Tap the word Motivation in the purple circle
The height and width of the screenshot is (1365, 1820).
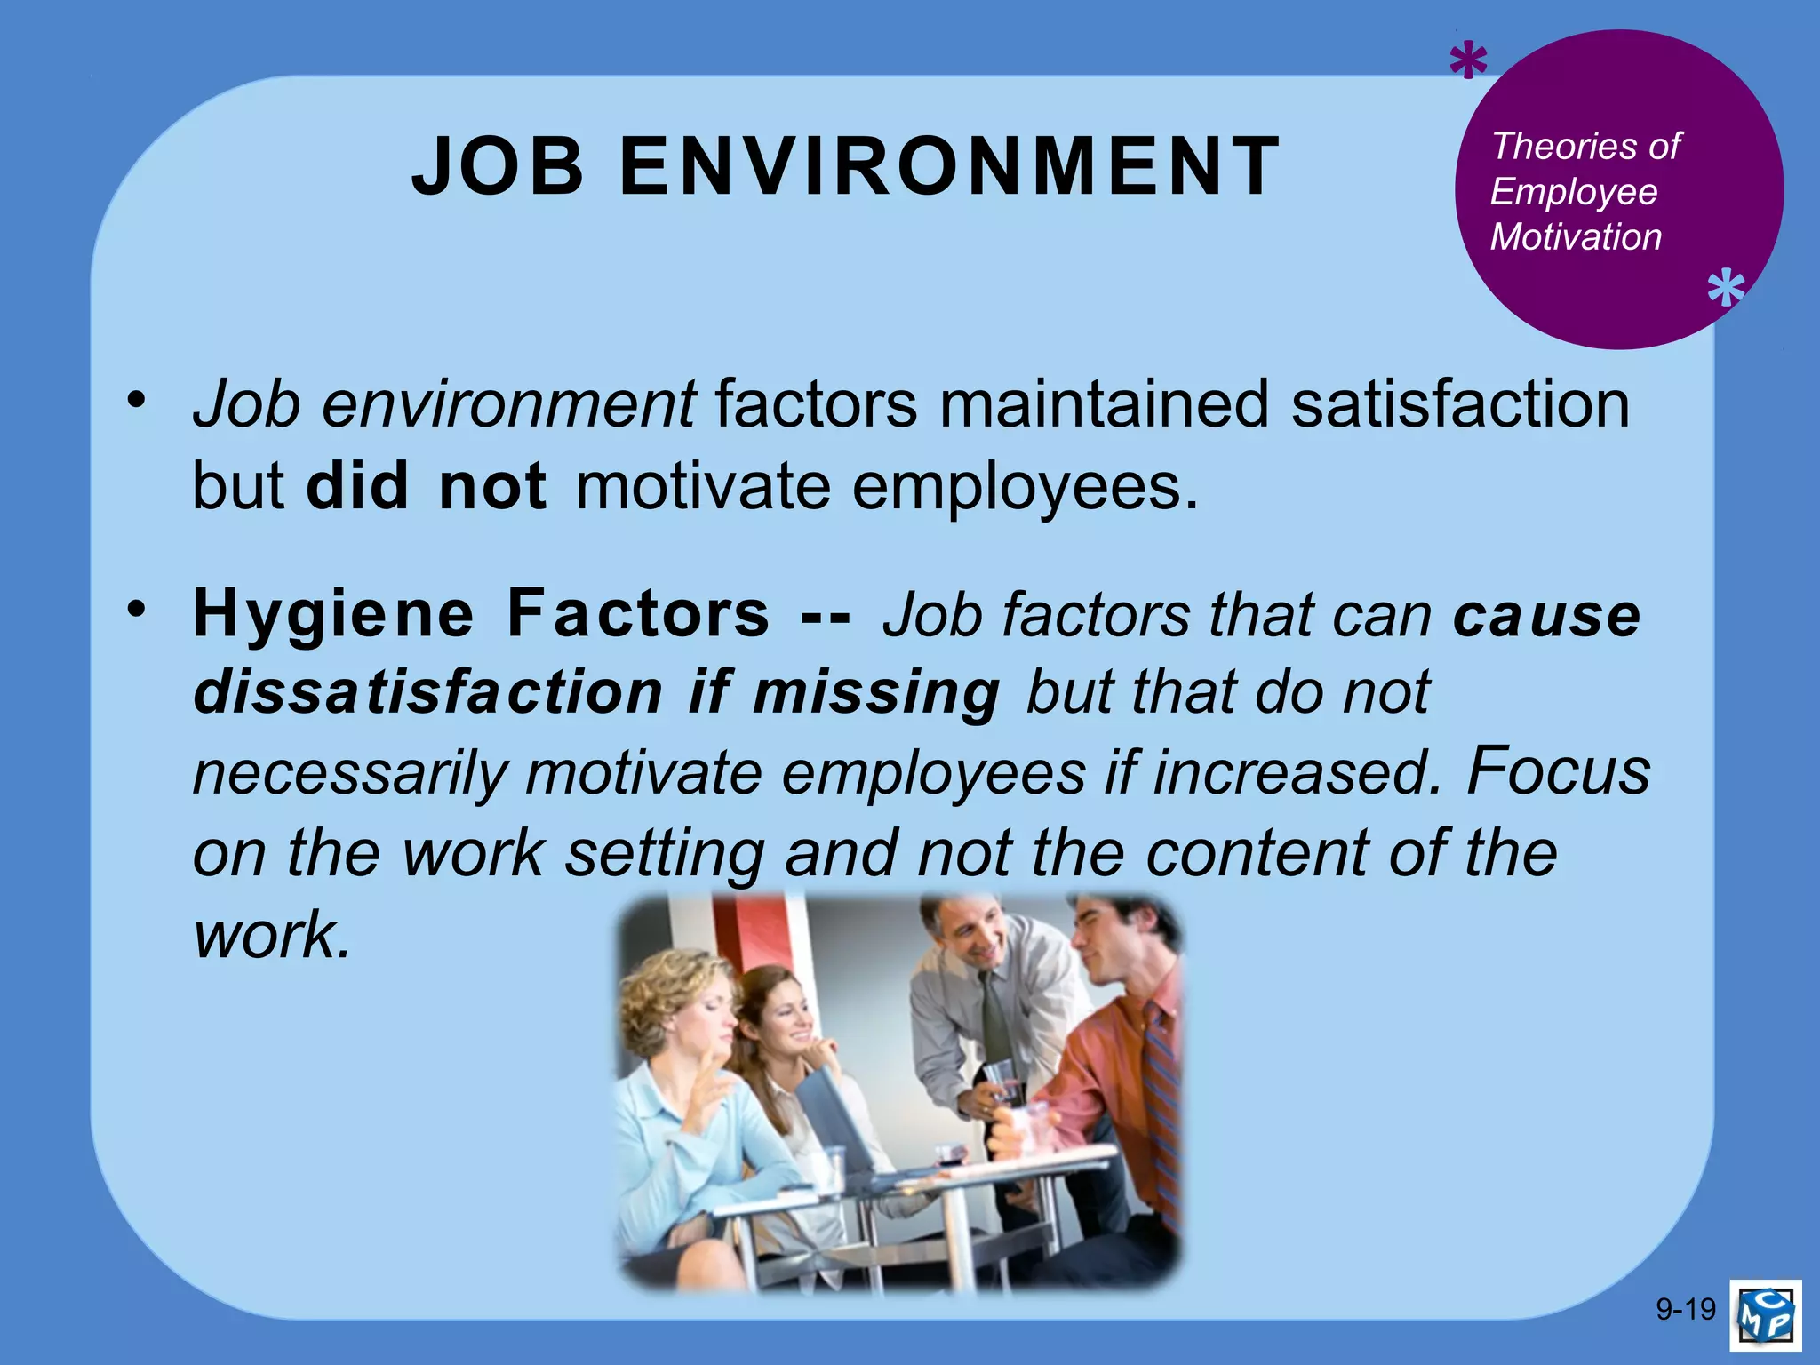coord(1576,237)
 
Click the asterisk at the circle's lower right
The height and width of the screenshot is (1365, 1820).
coord(1726,290)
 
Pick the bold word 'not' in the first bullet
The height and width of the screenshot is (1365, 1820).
coord(493,486)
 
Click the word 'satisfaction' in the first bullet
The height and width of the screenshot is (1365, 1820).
coord(1460,404)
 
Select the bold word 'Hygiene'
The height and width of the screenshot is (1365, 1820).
coord(334,614)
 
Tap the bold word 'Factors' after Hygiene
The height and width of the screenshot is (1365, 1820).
coord(638,614)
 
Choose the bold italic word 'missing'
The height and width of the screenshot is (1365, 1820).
coord(876,692)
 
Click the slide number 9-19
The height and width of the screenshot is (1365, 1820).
coord(1686,1309)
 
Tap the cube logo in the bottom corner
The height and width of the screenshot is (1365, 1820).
coord(1766,1313)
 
